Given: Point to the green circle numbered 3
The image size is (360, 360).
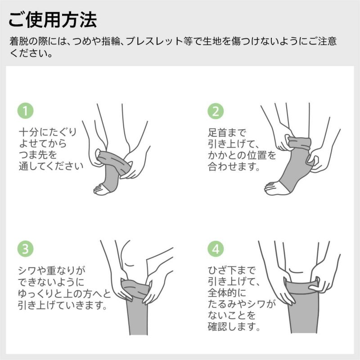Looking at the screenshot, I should point(26,248).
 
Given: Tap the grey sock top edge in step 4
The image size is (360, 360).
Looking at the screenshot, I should point(301,284).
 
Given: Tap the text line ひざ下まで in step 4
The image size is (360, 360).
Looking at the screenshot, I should point(231,271).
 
